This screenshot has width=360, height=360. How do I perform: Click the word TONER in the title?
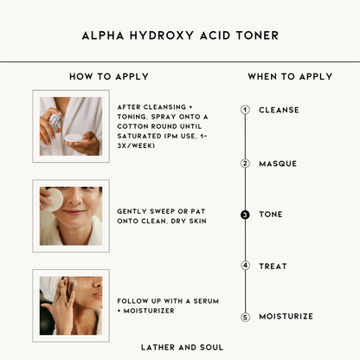coord(257,35)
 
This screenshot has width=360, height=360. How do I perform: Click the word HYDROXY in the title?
coord(162,35)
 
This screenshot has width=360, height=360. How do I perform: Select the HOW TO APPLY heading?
coord(109,76)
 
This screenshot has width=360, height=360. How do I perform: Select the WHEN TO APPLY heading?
coord(290,76)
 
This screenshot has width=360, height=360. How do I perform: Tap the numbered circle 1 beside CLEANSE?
coord(245,110)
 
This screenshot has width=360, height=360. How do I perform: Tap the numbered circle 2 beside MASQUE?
coord(245,164)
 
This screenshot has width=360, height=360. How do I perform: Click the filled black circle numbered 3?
coord(245,215)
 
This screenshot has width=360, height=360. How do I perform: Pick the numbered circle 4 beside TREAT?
coord(245,266)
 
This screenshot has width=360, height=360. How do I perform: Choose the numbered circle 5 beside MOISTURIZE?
coord(245,318)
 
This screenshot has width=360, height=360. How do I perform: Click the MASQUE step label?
coord(278,164)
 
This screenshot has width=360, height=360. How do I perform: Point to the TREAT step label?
coord(273,267)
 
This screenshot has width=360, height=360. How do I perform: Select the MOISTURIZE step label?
coord(286,317)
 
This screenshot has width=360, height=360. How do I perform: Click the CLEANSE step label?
coord(279,110)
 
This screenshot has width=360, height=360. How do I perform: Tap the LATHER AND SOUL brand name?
coord(182,347)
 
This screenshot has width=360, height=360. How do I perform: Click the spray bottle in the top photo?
coord(55,122)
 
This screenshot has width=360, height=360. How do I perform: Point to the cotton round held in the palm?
coord(74,138)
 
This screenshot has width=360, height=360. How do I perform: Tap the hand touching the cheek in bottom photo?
coord(60,305)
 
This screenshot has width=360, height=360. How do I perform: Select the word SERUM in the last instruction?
coord(206,301)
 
